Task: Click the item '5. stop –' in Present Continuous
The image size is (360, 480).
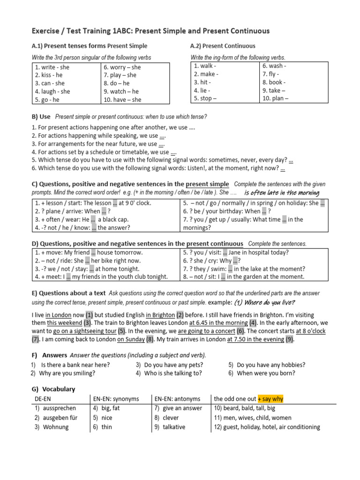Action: (x=205, y=98)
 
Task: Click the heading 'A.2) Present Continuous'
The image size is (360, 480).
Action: (x=223, y=46)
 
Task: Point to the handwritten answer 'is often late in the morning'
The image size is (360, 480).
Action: (x=282, y=193)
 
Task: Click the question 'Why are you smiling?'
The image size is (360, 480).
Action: (x=67, y=373)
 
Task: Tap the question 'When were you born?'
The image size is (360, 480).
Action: (x=266, y=373)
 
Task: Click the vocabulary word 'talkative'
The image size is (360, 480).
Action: (x=174, y=427)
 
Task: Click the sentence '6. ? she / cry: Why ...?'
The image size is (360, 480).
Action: (x=211, y=261)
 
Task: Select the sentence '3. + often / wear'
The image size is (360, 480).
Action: (x=81, y=219)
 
